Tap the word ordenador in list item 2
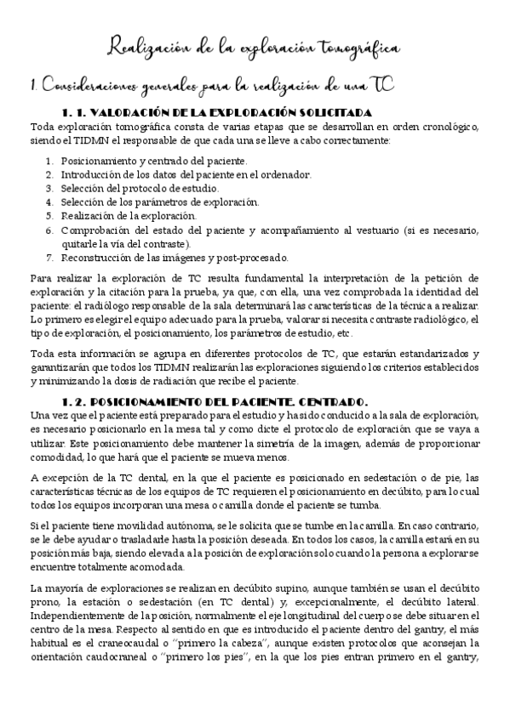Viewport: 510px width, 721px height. point(287,174)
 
